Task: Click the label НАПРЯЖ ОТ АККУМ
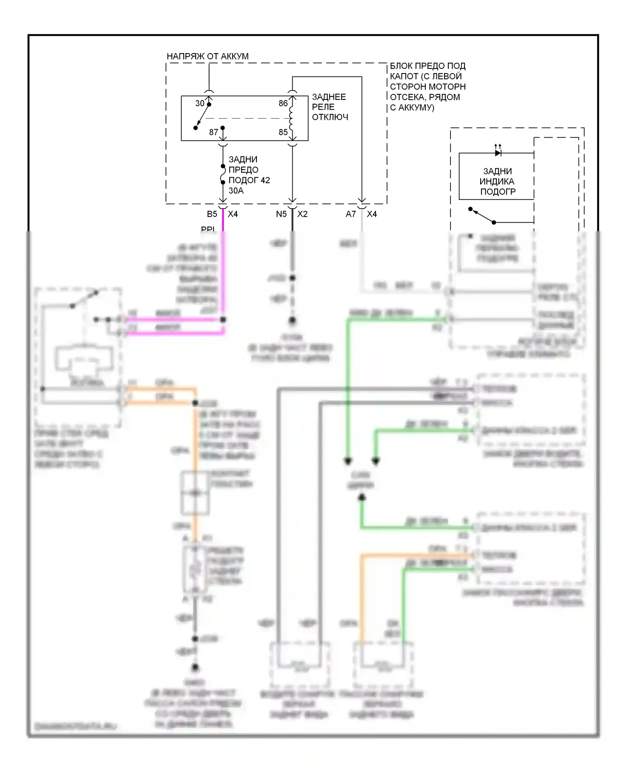pos(208,56)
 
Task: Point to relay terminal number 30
pos(200,103)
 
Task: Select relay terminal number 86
pos(283,103)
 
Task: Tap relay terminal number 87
pos(214,132)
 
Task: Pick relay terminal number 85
pos(283,132)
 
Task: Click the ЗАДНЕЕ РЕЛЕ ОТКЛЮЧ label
pos(330,107)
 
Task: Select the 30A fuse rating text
pos(236,191)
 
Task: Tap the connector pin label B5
pos(212,214)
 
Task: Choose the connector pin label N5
pos(281,214)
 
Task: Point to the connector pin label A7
pos(350,214)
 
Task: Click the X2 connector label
pos(302,214)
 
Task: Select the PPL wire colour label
pos(208,229)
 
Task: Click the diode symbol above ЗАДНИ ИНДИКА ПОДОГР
pos(498,153)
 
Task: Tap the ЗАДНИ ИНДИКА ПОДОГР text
pos(498,181)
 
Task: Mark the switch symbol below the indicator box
pos(482,215)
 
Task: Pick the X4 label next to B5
pos(233,214)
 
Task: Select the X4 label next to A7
pos(372,214)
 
